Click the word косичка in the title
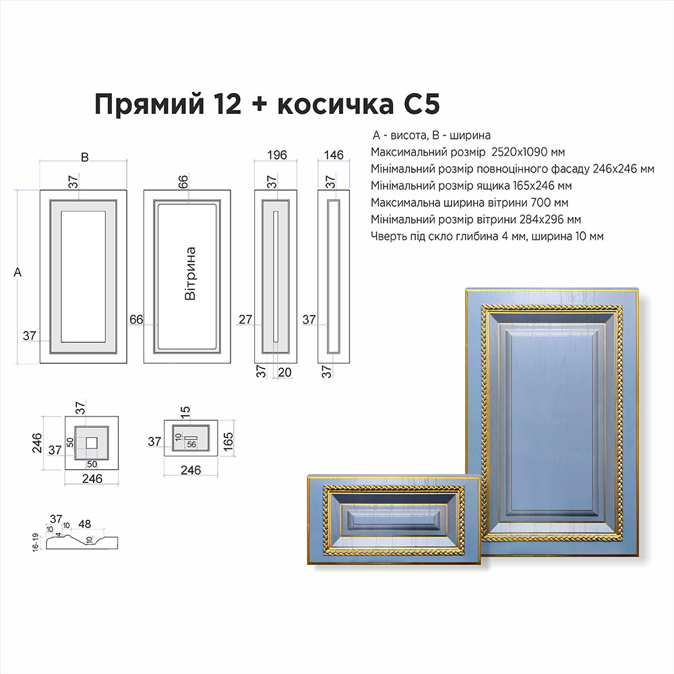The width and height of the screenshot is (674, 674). (336, 104)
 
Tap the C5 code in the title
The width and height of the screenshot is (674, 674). (422, 104)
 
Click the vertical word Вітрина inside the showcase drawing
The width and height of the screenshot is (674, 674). (190, 274)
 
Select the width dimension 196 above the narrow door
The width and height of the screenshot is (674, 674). (277, 155)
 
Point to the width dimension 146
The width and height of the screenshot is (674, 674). (334, 155)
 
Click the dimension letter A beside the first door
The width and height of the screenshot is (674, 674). (18, 272)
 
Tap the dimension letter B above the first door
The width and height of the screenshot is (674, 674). (85, 157)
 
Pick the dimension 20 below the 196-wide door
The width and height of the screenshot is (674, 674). (284, 372)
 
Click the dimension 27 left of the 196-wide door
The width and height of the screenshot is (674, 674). (245, 319)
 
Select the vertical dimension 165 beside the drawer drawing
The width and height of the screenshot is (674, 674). (228, 441)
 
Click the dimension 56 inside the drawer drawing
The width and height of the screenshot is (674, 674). (191, 444)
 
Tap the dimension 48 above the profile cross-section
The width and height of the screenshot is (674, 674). (85, 524)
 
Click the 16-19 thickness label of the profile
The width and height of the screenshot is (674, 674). (36, 543)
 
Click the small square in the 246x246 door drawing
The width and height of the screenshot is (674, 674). (92, 443)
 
